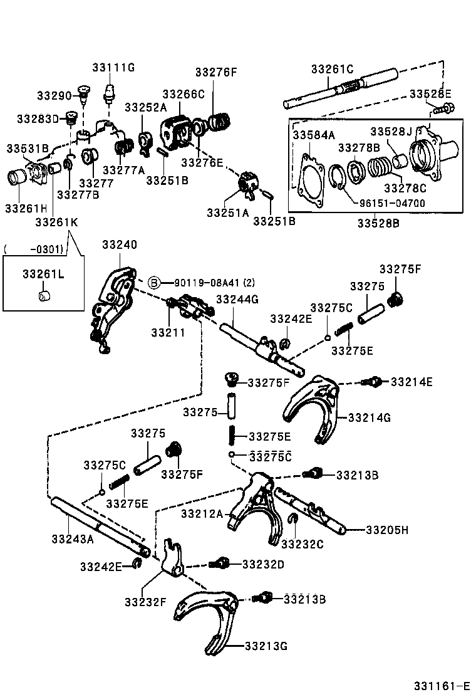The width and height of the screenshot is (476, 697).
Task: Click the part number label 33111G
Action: click(x=113, y=68)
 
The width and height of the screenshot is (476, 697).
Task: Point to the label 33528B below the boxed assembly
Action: click(x=378, y=222)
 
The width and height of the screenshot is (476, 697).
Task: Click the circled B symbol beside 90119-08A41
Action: click(x=153, y=283)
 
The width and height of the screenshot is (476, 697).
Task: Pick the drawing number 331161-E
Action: click(x=441, y=686)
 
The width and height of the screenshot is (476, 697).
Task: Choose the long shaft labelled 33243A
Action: click(x=100, y=523)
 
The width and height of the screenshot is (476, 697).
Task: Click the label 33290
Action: click(x=54, y=95)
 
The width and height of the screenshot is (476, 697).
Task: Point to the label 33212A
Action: click(x=202, y=514)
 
